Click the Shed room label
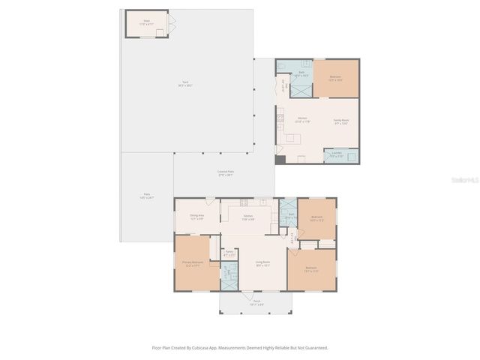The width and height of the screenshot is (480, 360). click(146, 23)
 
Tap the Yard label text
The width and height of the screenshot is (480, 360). click(184, 84)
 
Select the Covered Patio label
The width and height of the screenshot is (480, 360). click(225, 173)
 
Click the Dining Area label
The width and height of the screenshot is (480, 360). click(196, 217)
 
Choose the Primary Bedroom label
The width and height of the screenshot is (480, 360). click(192, 264)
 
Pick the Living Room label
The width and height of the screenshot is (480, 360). click(262, 263)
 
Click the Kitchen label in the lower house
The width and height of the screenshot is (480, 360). click(248, 217)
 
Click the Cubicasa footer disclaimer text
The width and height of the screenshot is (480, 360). click(239, 347)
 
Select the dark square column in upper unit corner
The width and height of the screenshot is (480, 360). click(280, 159)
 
